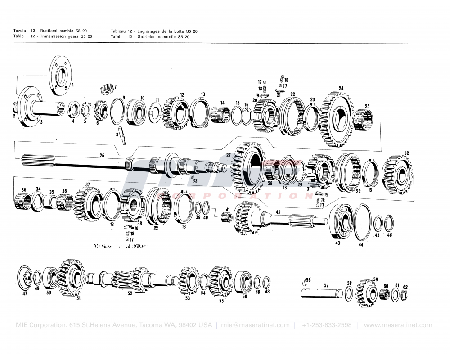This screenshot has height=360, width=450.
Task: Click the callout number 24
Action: (341, 88)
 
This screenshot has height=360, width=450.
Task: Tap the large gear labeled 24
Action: (337, 115)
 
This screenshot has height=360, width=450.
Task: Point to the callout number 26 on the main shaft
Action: (102, 156)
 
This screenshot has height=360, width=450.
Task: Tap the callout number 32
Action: (406, 153)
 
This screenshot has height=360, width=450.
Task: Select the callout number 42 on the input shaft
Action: (278, 212)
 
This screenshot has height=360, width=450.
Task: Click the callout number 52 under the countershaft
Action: (130, 293)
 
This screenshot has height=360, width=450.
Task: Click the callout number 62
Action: (405, 287)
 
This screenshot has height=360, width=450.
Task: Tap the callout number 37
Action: (88, 184)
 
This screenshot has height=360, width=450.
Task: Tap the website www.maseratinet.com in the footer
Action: (398, 325)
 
